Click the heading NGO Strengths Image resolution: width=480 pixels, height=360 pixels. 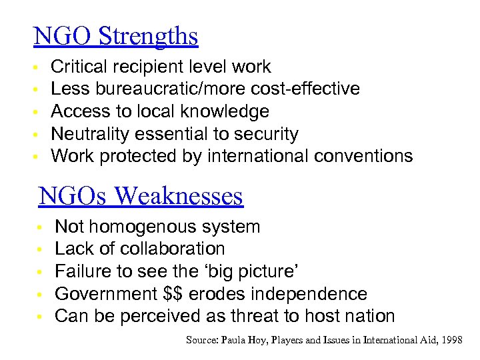[x=116, y=36]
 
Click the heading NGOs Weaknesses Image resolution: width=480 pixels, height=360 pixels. [x=141, y=196]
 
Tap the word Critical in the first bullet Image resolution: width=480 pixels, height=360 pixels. [x=77, y=67]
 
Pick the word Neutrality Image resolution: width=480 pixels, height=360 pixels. [x=90, y=134]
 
